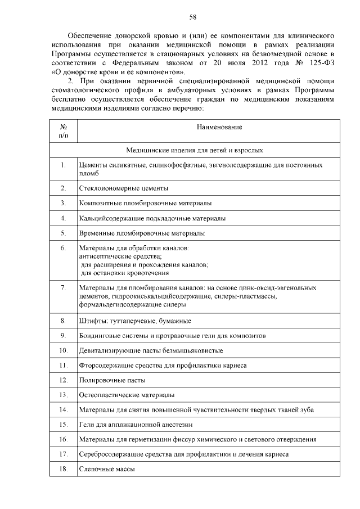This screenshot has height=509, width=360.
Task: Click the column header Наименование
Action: [x=219, y=128]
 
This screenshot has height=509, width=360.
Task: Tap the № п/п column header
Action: [x=63, y=132]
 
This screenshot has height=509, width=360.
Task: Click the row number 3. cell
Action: [x=63, y=202]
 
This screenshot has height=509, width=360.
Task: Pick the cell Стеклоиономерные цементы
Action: [x=123, y=188]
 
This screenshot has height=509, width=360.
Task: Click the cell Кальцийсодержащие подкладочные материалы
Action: [x=152, y=218]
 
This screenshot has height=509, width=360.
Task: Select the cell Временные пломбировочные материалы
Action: [x=141, y=233]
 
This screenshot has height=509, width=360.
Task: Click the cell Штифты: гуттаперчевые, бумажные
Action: [x=135, y=321]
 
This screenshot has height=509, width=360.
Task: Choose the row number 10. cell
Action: [x=63, y=350]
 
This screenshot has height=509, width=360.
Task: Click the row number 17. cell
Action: [x=63, y=454]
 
